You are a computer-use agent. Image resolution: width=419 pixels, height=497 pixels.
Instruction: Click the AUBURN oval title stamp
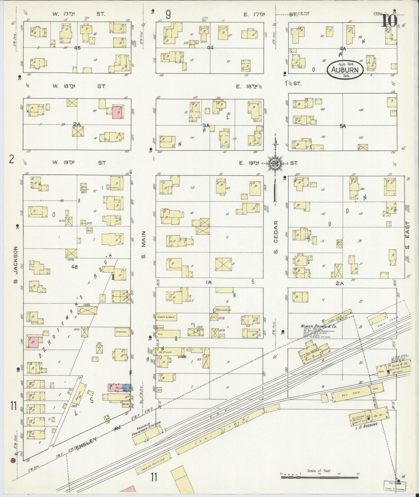[345, 70]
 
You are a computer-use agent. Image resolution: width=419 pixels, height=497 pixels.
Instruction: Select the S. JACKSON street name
[16, 264]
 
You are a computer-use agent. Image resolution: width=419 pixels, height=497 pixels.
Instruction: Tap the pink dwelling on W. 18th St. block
[117, 112]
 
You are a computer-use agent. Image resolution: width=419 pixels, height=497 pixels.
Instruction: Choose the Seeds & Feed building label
[166, 317]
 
